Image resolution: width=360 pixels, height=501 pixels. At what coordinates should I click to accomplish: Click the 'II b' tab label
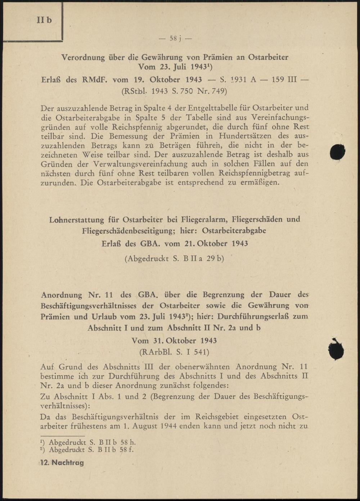coord(44,20)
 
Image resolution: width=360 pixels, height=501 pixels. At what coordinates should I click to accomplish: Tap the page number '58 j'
coord(175,38)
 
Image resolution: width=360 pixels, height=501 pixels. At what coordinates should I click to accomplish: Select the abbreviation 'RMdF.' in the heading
coord(96,79)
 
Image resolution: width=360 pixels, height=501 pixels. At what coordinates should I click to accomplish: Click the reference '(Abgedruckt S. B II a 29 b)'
coord(174,258)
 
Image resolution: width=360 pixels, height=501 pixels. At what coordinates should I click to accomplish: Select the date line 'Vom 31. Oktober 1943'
coord(174,340)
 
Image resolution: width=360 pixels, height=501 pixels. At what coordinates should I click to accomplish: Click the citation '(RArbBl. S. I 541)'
coord(174,352)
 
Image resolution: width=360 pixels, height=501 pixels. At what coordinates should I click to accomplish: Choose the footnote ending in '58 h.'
coord(88,442)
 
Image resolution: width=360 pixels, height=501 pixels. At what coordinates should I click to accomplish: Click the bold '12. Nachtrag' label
coord(62,463)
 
